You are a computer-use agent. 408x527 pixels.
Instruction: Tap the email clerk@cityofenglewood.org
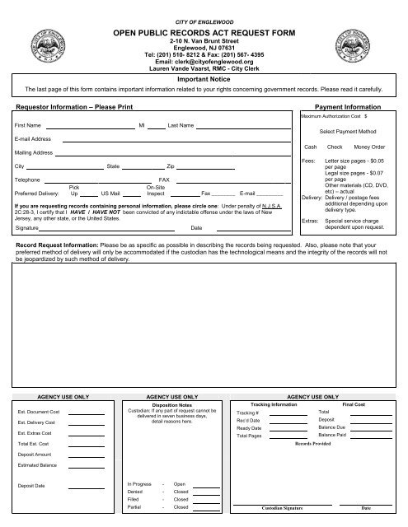[203, 61]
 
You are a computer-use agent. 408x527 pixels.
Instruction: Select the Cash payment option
[310, 146]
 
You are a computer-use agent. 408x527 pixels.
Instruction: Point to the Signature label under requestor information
[29, 227]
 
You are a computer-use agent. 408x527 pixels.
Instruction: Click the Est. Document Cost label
[39, 411]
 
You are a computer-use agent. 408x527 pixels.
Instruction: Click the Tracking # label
[248, 413]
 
